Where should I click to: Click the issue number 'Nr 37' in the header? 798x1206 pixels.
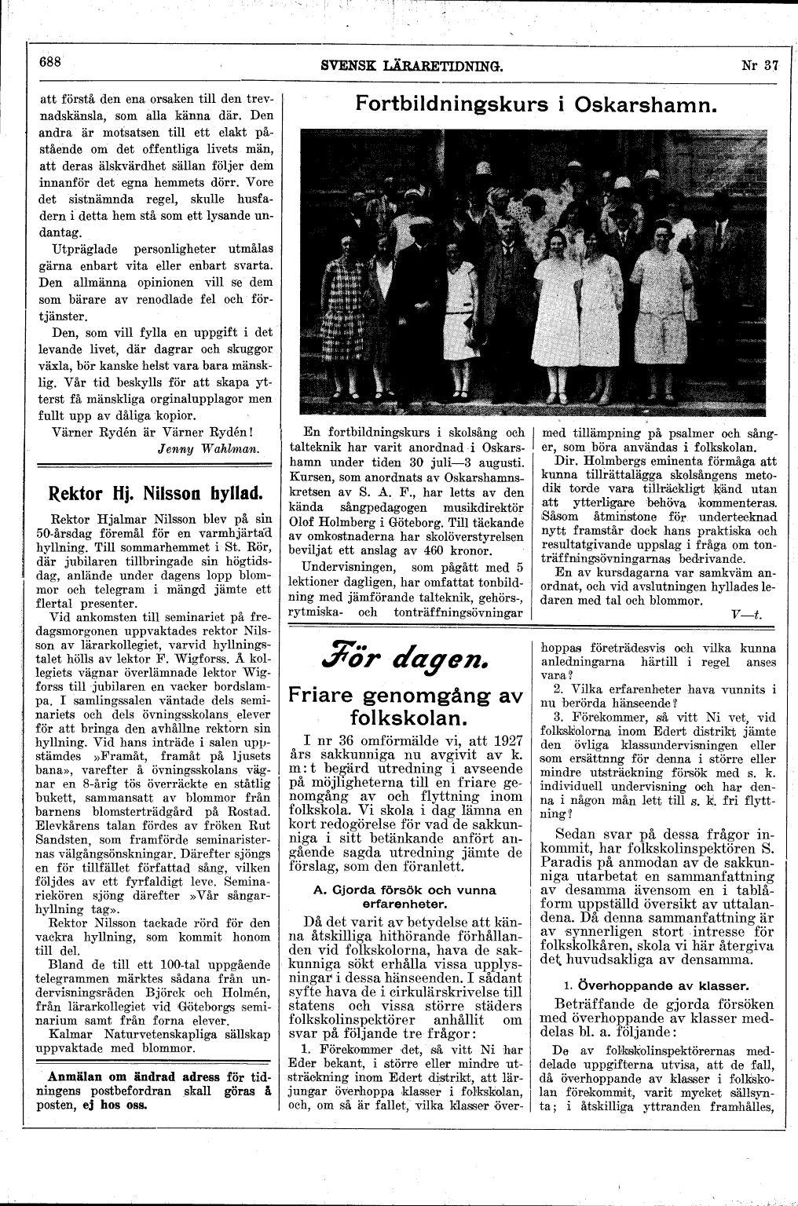point(759,67)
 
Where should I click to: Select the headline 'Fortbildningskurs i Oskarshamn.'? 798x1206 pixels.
point(537,104)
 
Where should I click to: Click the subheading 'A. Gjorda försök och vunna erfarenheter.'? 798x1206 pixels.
point(404,897)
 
